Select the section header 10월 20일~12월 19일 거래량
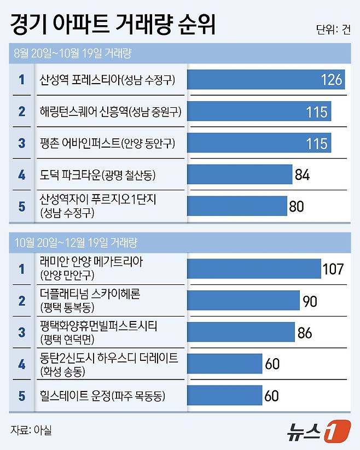76,241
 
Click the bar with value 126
266,80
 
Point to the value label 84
302,175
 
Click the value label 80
296,206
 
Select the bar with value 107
254,268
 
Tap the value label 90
310,300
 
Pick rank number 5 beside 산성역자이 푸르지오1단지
22,206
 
